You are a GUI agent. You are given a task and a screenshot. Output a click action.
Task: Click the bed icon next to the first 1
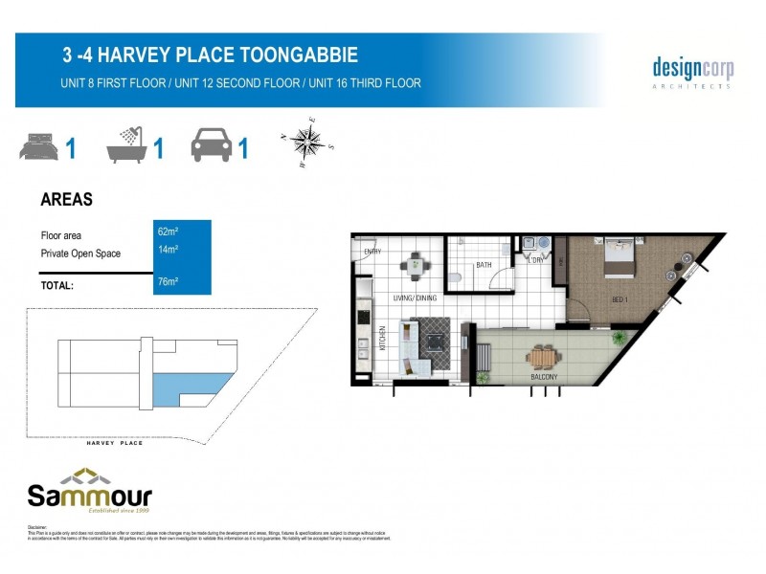(x=38, y=148)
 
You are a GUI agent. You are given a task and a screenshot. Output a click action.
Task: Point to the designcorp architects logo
(x=692, y=72)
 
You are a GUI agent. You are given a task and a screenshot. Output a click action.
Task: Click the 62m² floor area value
(x=168, y=232)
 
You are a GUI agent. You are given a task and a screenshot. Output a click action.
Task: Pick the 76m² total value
(x=168, y=281)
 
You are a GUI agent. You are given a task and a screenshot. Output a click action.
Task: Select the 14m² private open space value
(x=168, y=250)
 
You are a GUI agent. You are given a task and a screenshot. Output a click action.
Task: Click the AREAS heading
(x=66, y=200)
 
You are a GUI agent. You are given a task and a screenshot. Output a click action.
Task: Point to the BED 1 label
(x=620, y=299)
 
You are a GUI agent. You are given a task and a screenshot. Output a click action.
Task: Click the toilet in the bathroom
(x=457, y=276)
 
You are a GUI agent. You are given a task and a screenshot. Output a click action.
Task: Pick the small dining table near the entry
(x=415, y=265)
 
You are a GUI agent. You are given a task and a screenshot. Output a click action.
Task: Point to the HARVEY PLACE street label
(x=115, y=444)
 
